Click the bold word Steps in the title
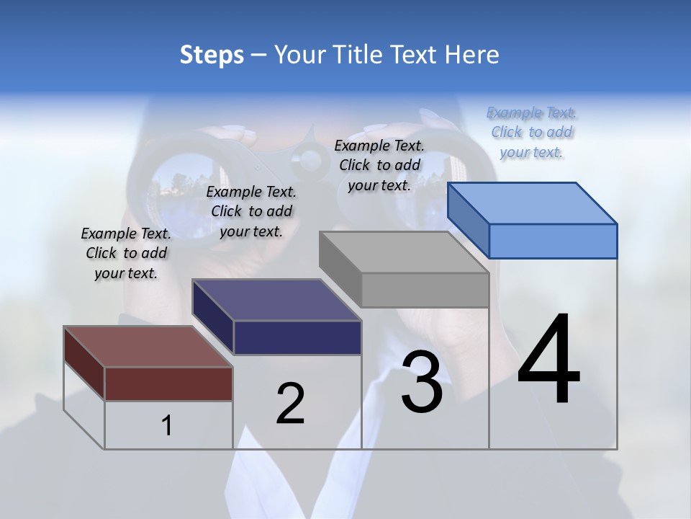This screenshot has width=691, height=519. point(211,55)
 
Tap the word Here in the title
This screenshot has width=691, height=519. point(471,55)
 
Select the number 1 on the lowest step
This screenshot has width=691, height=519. point(166,426)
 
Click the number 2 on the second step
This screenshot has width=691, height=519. point(290,404)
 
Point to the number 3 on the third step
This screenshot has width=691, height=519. point(421,383)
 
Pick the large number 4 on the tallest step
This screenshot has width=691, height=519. point(548,360)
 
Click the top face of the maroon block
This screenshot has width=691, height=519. point(148,347)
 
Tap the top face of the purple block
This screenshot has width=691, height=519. point(276,300)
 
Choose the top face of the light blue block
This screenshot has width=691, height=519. point(533,203)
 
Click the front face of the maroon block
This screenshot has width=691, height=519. point(168,383)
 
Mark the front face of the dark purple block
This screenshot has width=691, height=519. point(297,337)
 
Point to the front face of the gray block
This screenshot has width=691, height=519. point(425,290)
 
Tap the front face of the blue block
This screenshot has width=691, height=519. point(553,241)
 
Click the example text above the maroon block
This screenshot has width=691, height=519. point(126,253)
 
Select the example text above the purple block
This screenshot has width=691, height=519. point(251,211)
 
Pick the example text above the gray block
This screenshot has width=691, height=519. point(379,165)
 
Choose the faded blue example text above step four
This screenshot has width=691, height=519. point(531,132)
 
